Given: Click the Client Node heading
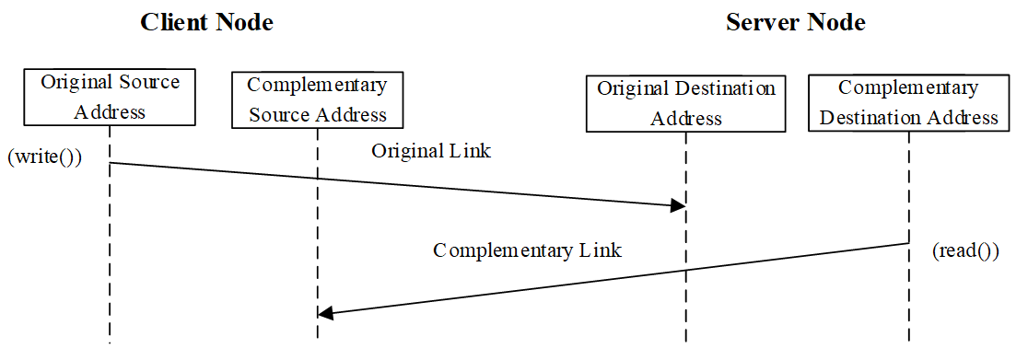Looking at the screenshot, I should tap(206, 23).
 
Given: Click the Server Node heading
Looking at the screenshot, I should tap(795, 23).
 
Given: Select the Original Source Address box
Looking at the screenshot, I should tap(110, 97).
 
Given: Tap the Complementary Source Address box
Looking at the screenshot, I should tap(317, 99).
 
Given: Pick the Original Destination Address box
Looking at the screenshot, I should tap(685, 103).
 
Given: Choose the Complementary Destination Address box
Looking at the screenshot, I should tap(908, 102).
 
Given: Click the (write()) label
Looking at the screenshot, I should tap(45, 157).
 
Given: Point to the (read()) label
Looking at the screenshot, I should tap(965, 250).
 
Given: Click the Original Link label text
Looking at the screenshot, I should tap(431, 151).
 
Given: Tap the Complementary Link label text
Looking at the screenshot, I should tap(527, 250).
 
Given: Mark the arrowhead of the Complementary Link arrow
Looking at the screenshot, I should tap(325, 313).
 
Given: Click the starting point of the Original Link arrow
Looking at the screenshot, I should tap(111, 163).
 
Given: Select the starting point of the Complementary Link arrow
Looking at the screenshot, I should tap(908, 243).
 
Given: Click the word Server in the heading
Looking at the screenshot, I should tap(762, 23).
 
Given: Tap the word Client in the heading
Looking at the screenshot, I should tap(175, 23).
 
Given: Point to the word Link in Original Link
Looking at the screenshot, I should tap(471, 151).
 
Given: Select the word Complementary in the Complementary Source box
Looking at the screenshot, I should tap(317, 86).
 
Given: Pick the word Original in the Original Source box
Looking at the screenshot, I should tap(77, 82).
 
